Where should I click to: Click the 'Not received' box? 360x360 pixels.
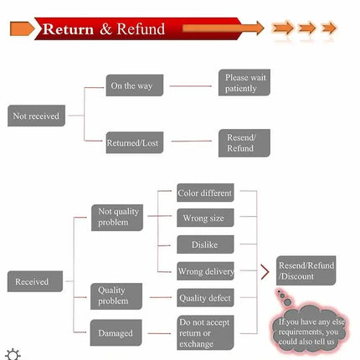[36, 116]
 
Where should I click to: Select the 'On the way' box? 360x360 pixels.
[135, 85]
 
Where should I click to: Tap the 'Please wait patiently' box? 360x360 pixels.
[244, 83]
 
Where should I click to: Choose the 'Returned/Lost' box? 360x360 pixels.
[135, 142]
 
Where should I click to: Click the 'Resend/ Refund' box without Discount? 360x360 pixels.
[244, 143]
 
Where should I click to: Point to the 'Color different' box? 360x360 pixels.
[205, 193]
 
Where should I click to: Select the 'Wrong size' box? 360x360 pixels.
[205, 218]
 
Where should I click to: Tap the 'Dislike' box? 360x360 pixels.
[205, 244]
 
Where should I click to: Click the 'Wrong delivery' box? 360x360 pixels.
[205, 271]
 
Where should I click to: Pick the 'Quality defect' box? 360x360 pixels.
[205, 298]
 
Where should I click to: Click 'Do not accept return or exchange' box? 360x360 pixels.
[205, 332]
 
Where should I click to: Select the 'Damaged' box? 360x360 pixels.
[116, 332]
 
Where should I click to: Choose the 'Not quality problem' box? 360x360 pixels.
[117, 218]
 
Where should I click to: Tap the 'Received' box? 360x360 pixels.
[35, 281]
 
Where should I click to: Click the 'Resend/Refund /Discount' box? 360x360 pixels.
[306, 270]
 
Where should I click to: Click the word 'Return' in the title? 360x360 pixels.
[68, 29]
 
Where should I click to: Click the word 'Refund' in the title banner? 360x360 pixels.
[141, 28]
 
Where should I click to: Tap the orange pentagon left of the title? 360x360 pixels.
[22, 28]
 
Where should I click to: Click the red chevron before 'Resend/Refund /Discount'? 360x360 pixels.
[265, 272]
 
